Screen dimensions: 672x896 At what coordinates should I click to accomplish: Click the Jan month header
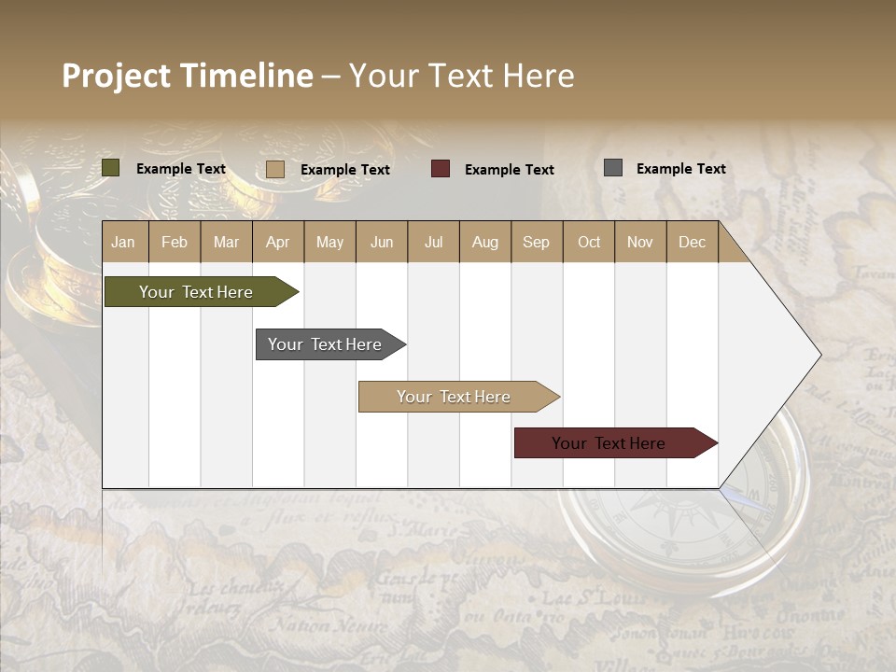[123, 242]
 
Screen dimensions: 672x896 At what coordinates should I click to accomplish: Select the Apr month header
[277, 242]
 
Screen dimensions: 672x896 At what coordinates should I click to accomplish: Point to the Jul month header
[433, 242]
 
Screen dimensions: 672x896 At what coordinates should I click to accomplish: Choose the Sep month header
[536, 242]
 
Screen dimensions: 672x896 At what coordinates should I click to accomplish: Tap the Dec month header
[692, 242]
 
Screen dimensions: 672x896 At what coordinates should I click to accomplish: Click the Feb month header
[175, 242]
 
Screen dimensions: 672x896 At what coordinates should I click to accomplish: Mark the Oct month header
[589, 242]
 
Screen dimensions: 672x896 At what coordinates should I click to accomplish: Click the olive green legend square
[111, 168]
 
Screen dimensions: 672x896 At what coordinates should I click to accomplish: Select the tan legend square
[275, 169]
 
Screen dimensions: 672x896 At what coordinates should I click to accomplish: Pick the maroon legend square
[441, 169]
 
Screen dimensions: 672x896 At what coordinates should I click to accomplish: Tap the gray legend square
[613, 168]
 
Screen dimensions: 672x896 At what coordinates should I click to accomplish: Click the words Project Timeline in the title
[188, 76]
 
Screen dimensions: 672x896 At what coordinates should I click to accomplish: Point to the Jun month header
[382, 242]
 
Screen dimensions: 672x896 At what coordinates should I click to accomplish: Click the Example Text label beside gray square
[680, 168]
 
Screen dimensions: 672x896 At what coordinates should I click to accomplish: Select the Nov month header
[640, 242]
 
